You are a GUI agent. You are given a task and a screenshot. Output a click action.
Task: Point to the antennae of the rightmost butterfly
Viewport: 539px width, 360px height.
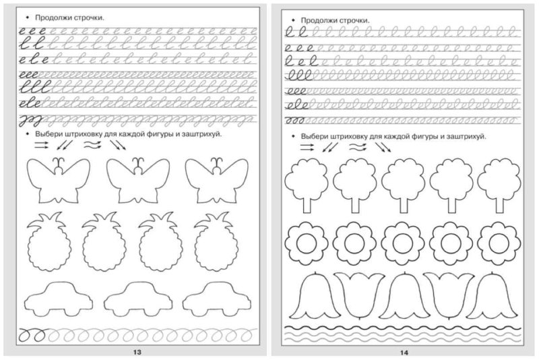pyautogui.click(x=217, y=161)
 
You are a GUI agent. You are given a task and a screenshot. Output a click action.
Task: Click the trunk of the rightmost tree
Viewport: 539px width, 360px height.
pyautogui.click(x=499, y=203)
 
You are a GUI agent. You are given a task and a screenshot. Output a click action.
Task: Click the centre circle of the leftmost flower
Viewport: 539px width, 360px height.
pyautogui.click(x=306, y=241)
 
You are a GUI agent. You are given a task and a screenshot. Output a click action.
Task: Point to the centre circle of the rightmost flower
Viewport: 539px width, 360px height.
pyautogui.click(x=499, y=241)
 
